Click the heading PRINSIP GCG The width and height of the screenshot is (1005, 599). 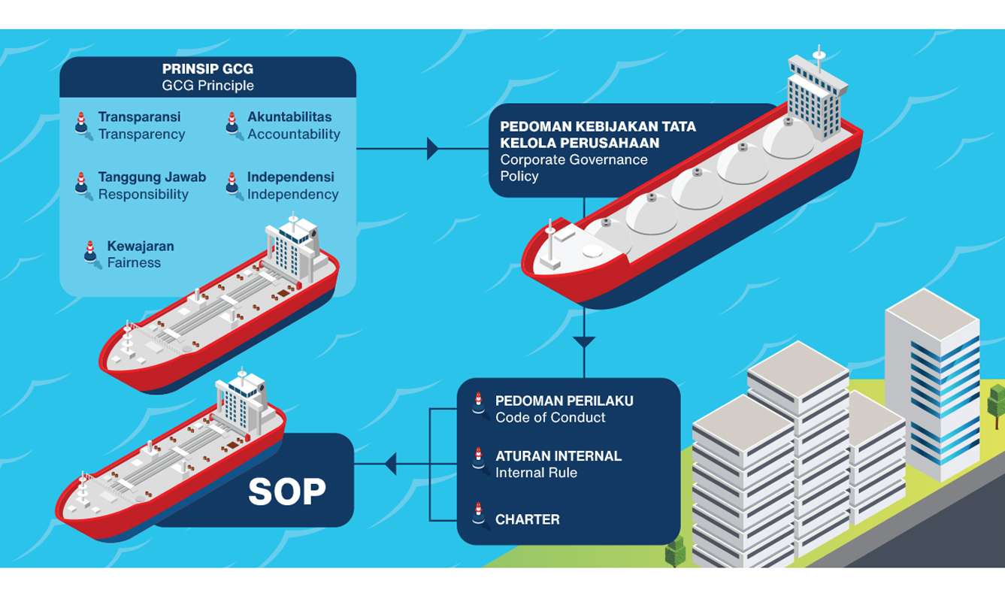[207, 69]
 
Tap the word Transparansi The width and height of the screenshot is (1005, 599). [140, 116]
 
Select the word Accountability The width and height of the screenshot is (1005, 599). [294, 135]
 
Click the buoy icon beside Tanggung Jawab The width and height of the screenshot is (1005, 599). [83, 186]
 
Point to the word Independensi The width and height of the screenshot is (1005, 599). [291, 177]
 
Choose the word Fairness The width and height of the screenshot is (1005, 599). [134, 262]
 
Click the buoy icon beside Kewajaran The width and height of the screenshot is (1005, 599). [92, 255]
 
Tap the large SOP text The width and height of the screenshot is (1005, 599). [287, 492]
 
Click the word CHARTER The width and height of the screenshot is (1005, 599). [528, 519]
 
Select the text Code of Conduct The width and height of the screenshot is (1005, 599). [550, 417]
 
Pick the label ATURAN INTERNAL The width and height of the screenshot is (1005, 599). [559, 456]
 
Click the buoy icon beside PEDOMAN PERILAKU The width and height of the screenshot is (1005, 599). [480, 405]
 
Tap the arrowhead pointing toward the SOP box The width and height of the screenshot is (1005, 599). [391, 464]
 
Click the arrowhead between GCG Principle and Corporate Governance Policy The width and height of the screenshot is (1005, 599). [432, 149]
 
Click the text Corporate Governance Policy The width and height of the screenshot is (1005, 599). [574, 168]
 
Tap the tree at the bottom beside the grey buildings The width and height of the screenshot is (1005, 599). [675, 550]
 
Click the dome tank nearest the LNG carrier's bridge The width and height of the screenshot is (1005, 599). [789, 138]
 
